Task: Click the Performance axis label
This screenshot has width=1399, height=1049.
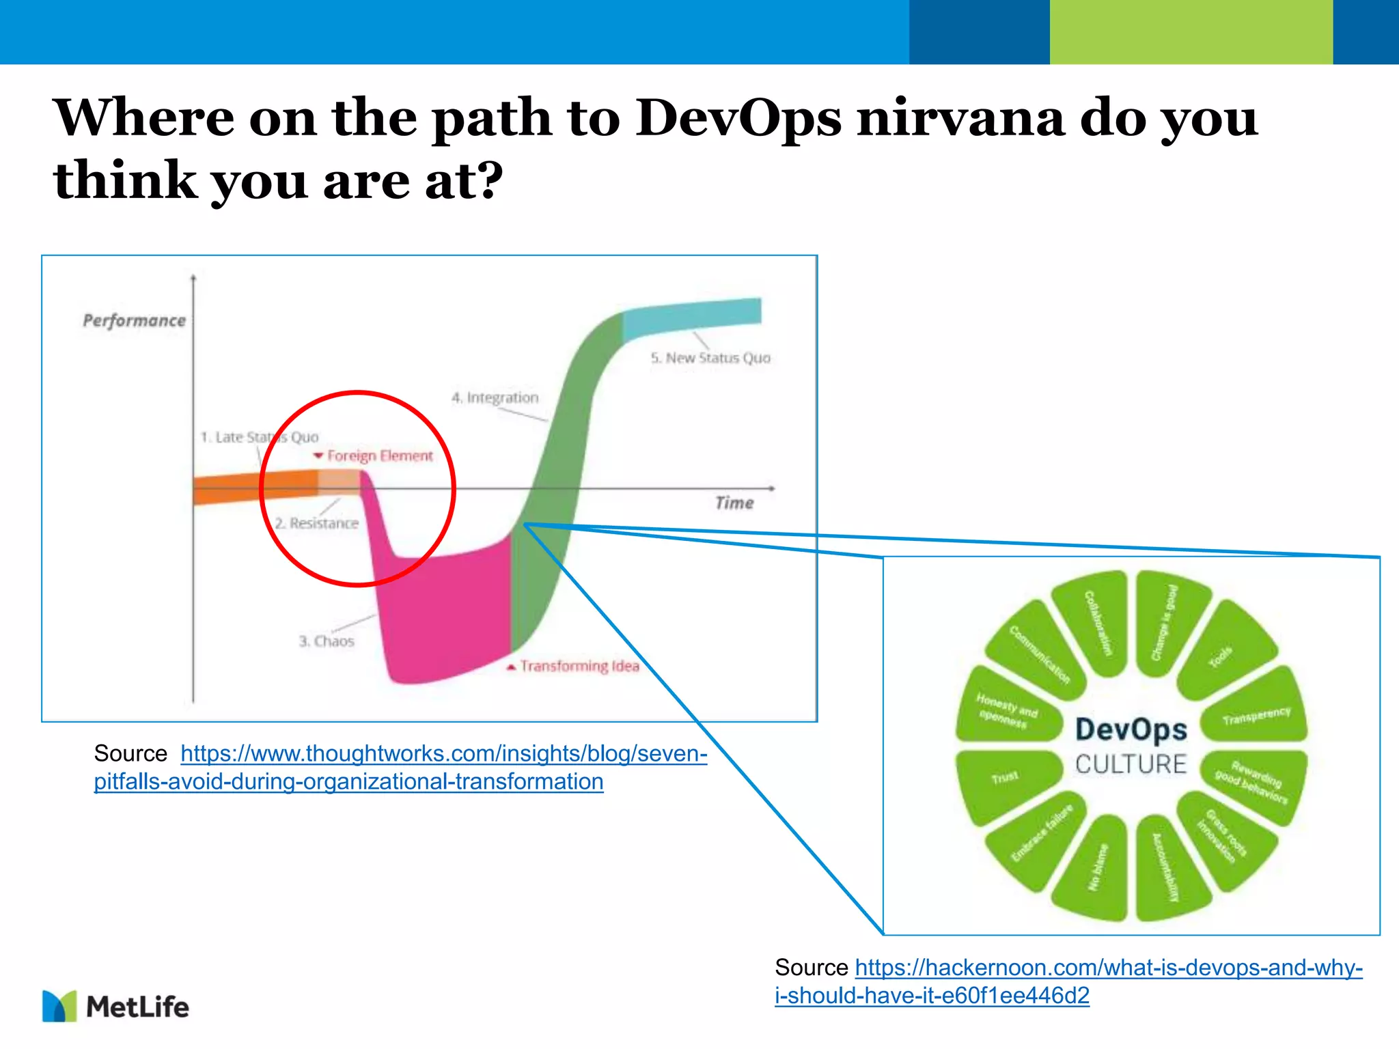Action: [x=134, y=320]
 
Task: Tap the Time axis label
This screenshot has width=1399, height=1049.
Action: [x=734, y=503]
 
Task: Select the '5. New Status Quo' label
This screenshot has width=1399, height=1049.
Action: [x=710, y=358]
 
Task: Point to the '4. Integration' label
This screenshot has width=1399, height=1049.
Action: [x=495, y=397]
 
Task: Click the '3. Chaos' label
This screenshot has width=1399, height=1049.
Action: [x=327, y=641]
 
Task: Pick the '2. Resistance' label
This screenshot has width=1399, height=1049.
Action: [x=317, y=523]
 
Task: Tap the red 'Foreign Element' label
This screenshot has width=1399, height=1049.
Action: [x=379, y=456]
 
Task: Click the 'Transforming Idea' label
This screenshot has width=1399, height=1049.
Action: [x=579, y=666]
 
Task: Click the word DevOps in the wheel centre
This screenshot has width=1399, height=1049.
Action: [x=1131, y=729]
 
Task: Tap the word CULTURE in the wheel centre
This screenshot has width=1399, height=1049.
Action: [x=1131, y=764]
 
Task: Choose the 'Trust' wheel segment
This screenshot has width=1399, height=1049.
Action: [x=1005, y=779]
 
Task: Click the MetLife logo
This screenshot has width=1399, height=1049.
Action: [x=115, y=1006]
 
